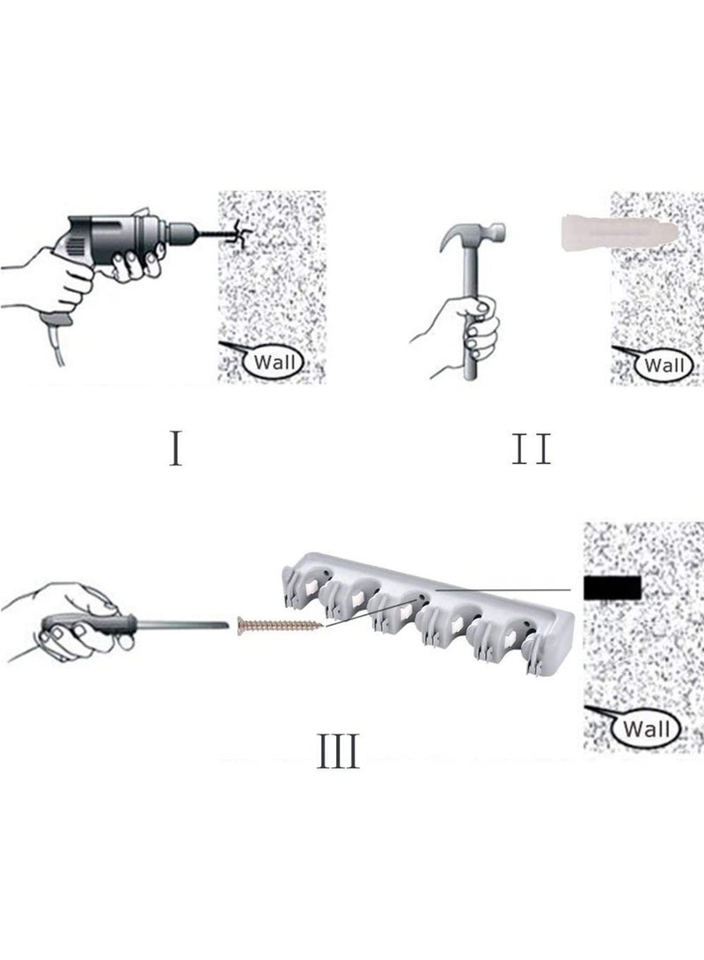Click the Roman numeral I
pos(176,447)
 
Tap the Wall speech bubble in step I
pos(272,361)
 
